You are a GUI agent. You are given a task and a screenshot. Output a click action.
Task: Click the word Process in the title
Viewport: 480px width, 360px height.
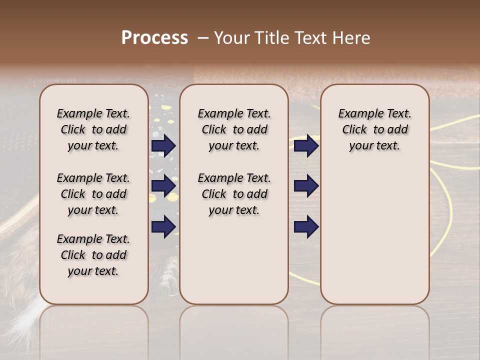tap(154, 37)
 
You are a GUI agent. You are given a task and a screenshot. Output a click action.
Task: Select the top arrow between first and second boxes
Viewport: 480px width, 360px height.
tap(163, 146)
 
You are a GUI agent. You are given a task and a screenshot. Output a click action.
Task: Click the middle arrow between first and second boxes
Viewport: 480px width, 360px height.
tap(163, 186)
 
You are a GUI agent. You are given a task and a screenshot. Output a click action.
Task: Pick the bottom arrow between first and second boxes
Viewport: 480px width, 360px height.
tap(163, 226)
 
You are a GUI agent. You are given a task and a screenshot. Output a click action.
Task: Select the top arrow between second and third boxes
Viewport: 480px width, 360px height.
tap(306, 146)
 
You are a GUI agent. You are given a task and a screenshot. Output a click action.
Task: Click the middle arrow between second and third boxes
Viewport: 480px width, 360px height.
tap(306, 186)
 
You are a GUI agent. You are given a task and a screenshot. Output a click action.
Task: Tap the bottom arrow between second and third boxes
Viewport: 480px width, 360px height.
tap(306, 227)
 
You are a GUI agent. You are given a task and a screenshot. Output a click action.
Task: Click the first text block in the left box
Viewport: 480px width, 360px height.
tap(93, 129)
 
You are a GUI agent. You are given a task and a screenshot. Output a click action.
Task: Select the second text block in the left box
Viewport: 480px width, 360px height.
tap(93, 194)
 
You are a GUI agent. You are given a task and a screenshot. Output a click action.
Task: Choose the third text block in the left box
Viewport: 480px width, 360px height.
tap(93, 255)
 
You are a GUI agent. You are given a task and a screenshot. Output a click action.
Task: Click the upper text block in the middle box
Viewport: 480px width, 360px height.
tap(234, 129)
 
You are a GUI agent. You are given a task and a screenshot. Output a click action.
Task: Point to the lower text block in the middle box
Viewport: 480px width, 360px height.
tap(234, 194)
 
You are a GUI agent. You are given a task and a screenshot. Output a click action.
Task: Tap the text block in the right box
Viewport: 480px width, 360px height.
tap(374, 129)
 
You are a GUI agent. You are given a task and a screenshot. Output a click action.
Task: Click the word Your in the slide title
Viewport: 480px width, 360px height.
tap(231, 37)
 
